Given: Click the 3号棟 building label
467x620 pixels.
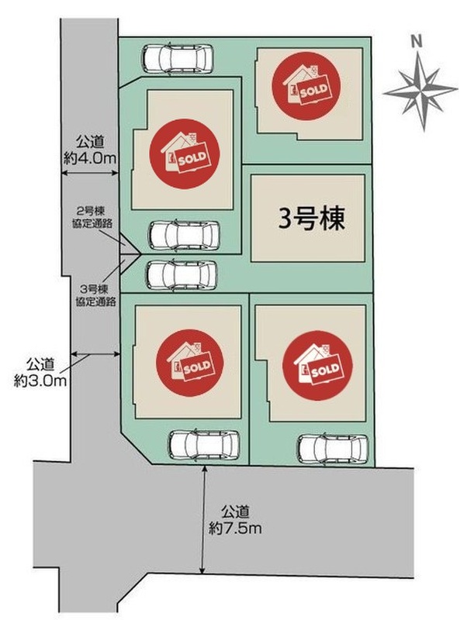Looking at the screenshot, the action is pyautogui.click(x=312, y=219).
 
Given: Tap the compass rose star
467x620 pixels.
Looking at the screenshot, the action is pyautogui.click(x=421, y=91).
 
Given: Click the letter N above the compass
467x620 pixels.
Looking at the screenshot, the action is pyautogui.click(x=416, y=42).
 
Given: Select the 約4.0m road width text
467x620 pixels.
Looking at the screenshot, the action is pyautogui.click(x=90, y=159).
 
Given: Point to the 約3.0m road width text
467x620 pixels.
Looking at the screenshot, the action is pyautogui.click(x=40, y=381).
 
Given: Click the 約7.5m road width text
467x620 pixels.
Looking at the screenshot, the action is pyautogui.click(x=235, y=529).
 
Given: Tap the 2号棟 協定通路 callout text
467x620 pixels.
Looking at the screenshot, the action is pyautogui.click(x=93, y=217).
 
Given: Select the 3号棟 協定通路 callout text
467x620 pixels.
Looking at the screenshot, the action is pyautogui.click(x=95, y=295).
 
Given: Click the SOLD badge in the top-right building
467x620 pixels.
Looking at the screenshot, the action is pyautogui.click(x=306, y=85).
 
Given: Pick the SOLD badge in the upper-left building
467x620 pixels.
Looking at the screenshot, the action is pyautogui.click(x=185, y=153).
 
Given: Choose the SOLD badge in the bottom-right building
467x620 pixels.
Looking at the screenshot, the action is pyautogui.click(x=317, y=366).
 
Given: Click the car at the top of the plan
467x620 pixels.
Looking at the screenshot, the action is pyautogui.click(x=178, y=59).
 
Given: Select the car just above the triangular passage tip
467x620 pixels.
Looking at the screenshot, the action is pyautogui.click(x=184, y=236).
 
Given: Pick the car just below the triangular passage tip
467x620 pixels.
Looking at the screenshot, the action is pyautogui.click(x=182, y=275).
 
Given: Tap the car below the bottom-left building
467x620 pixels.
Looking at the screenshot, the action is pyautogui.click(x=204, y=446).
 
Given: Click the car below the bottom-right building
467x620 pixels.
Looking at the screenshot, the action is pyautogui.click(x=334, y=449).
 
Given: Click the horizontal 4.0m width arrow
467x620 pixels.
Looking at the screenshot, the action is pyautogui.click(x=90, y=173).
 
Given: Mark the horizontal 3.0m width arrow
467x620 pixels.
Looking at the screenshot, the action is pyautogui.click(x=95, y=354).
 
